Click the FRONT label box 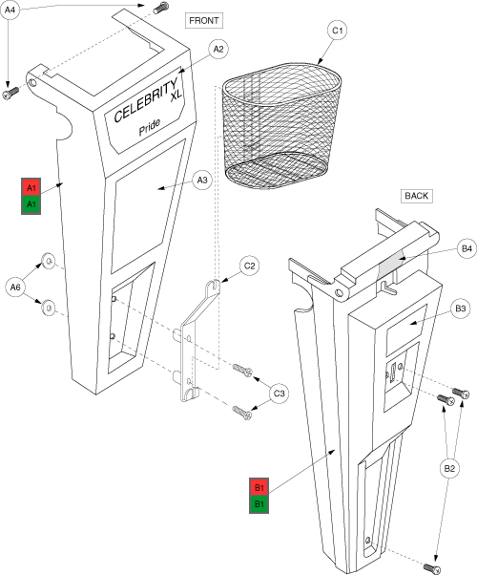point(204,21)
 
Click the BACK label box point(417,196)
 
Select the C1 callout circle point(337,31)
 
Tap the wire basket point(282,126)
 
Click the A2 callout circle point(218,49)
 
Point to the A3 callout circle point(202,181)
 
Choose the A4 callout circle point(10,11)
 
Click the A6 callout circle point(15,287)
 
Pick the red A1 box point(31,188)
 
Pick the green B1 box point(259,504)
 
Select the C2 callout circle point(250,266)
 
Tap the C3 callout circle point(279,394)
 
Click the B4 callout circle point(467,249)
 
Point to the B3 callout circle point(460,309)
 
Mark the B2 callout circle point(449,468)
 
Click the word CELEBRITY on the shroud point(145,100)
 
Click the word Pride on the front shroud point(150,126)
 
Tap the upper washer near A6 point(48,261)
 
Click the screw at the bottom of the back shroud point(432,568)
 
